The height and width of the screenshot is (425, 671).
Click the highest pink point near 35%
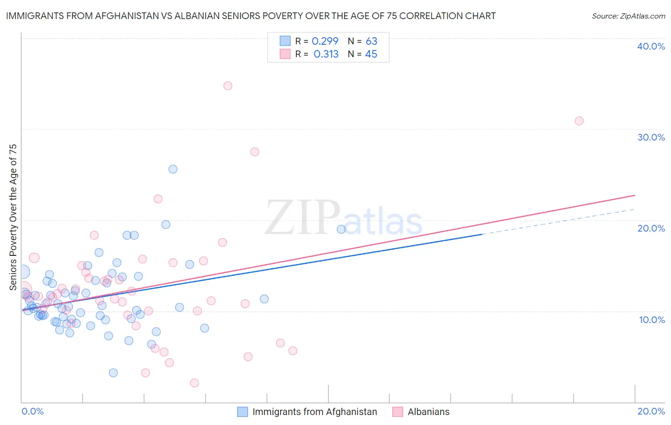click(228, 86)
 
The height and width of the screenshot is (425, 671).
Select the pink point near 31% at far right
click(579, 121)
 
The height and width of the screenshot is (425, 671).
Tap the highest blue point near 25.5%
click(173, 169)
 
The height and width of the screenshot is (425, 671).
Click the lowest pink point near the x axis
click(194, 383)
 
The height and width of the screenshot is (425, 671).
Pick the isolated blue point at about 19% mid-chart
click(341, 229)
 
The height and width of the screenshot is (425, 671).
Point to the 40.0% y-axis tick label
click(651, 46)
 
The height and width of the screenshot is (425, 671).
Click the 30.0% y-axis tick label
click(651, 137)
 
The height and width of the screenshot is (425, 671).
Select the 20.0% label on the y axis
click(651, 228)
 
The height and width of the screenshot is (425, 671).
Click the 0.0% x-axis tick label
click(32, 411)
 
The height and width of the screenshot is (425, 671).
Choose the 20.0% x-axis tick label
click(651, 411)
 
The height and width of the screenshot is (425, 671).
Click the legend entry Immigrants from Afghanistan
click(315, 412)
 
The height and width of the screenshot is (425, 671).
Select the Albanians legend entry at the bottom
click(428, 412)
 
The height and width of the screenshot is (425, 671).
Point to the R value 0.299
click(325, 41)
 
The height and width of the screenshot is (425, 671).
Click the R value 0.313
click(326, 54)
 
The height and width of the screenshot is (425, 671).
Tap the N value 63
click(371, 41)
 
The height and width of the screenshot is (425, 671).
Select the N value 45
click(371, 54)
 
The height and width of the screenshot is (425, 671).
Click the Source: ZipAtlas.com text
click(628, 16)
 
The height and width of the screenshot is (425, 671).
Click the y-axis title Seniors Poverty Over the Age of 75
click(13, 217)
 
